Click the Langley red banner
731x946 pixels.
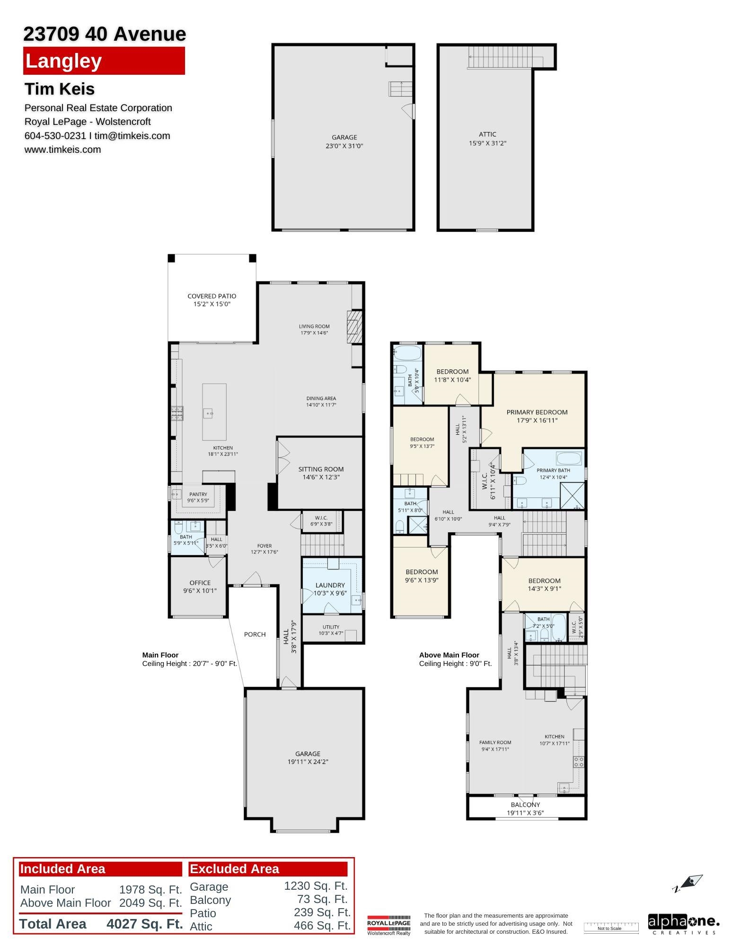(104, 61)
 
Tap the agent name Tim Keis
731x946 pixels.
(60, 89)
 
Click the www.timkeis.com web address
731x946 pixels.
(62, 149)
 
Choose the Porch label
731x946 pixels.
(255, 634)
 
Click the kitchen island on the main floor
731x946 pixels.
(214, 412)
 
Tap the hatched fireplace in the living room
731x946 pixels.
(354, 327)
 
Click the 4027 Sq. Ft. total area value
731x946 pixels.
(145, 924)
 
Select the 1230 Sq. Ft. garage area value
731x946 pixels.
(316, 886)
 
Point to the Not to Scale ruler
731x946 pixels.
(609, 927)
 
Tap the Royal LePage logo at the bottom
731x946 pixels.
(389, 925)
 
